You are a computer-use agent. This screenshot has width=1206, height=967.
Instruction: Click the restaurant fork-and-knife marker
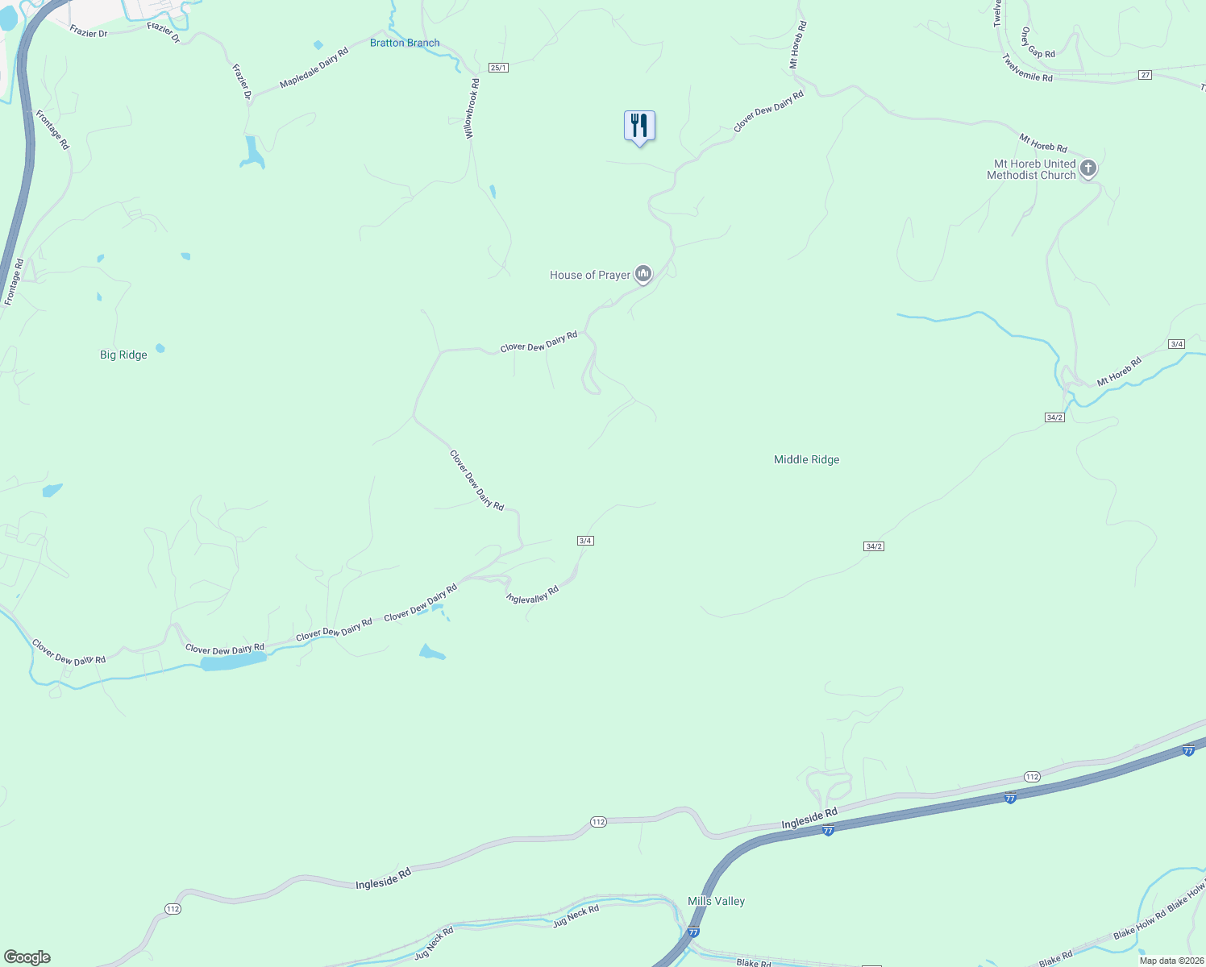tap(639, 127)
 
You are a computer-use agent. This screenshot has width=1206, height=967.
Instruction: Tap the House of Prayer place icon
tap(643, 275)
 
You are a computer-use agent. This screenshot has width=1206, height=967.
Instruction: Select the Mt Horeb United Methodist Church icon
tap(1088, 168)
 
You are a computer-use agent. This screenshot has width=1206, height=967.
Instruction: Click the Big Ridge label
tap(123, 355)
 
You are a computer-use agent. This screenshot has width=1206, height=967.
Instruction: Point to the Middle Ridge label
tap(806, 459)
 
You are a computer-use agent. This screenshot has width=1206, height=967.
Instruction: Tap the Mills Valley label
tap(716, 901)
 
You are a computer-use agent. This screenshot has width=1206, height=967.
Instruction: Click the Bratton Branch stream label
tap(405, 43)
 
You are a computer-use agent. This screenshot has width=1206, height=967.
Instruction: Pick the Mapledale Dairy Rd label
tap(314, 68)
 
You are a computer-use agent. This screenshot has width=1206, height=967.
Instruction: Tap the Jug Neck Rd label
tap(576, 916)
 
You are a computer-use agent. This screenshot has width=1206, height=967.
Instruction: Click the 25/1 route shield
tap(499, 68)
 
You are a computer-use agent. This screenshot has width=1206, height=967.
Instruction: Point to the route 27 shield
tap(1145, 75)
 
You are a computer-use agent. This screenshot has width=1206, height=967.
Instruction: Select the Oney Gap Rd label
tap(1038, 43)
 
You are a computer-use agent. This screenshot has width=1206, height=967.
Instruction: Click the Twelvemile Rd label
tap(1027, 68)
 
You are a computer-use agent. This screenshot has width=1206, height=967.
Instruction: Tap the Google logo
tap(27, 957)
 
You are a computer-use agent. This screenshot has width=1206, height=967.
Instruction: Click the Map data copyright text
tap(1171, 961)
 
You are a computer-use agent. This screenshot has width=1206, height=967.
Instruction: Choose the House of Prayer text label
tap(590, 275)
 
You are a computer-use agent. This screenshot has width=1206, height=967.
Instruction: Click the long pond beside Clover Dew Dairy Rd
tap(233, 662)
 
